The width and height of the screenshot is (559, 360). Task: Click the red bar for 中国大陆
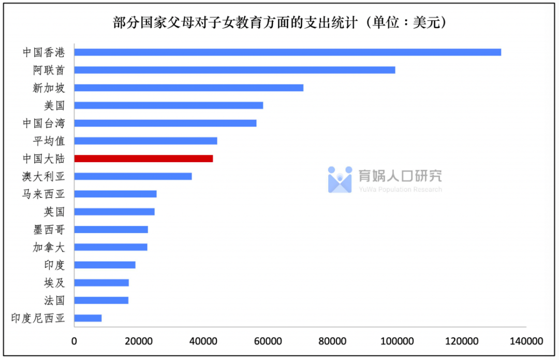pos(144,159)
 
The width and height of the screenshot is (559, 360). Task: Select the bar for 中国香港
pos(288,52)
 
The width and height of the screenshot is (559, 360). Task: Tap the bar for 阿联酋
pos(235,70)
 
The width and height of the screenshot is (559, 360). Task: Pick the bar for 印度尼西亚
pos(88,318)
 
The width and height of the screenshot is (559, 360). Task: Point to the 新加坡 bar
pos(189,88)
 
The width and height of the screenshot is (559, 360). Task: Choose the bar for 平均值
pos(146,141)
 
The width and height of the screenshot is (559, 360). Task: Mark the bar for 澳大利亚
pos(133,176)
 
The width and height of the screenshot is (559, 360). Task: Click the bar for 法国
pos(101,300)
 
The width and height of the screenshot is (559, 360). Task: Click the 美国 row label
pos(54,106)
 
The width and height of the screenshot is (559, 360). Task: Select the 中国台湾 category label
pos(43,123)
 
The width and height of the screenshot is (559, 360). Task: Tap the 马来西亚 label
pos(43,194)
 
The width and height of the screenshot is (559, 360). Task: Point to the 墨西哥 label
pos(49,229)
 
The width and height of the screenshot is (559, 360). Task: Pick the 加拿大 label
pos(49,247)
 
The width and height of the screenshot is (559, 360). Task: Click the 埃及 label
pos(54,283)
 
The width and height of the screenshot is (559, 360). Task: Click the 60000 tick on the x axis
pos(268,341)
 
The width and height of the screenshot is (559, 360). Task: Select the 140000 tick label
pos(526,341)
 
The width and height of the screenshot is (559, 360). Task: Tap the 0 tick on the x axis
pos(74,341)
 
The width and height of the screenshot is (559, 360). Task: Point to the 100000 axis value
pos(397,341)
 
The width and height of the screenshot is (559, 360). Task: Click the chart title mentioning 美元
pos(279,22)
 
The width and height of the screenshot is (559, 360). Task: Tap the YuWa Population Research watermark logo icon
pos(340,179)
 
